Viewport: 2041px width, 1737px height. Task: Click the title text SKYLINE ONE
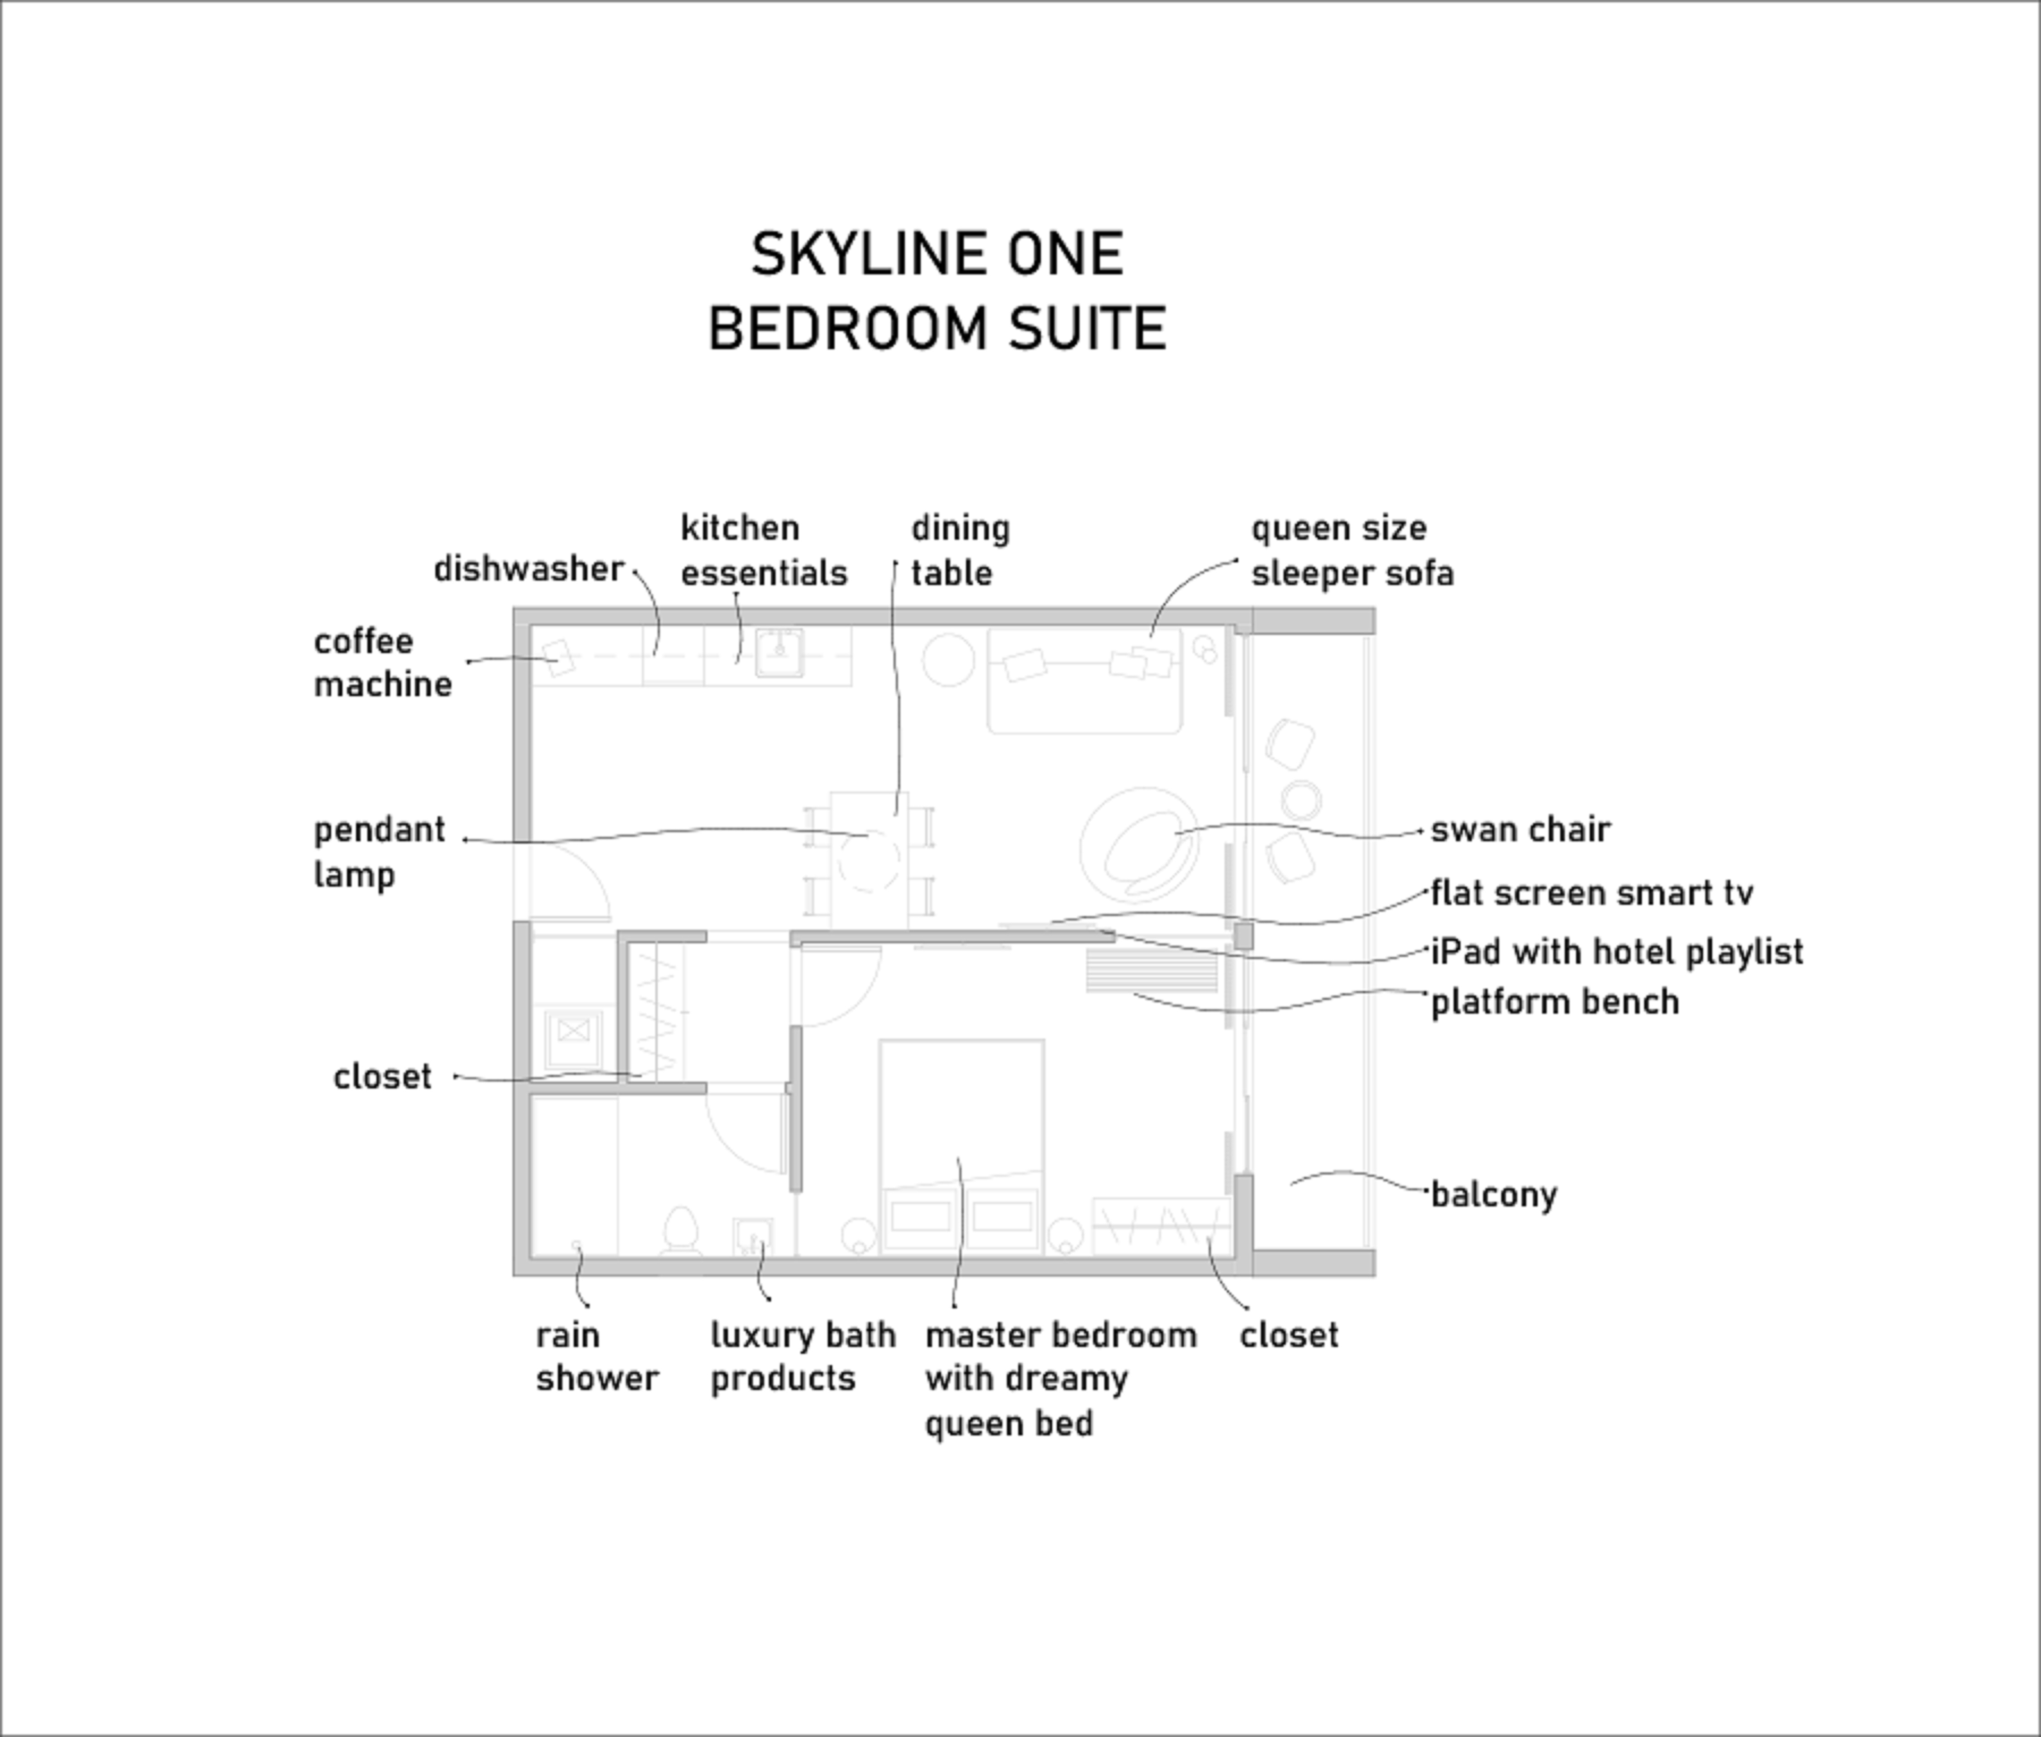coord(936,254)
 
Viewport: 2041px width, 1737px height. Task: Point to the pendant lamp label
coord(379,852)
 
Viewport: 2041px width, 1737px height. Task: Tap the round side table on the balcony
coord(1302,800)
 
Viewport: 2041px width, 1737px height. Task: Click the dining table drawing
coord(869,859)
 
